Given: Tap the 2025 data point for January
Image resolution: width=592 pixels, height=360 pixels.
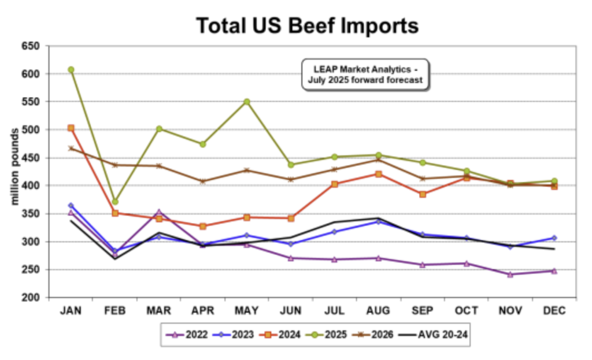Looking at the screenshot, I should coord(71,69).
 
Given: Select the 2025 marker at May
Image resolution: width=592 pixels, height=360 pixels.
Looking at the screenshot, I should coord(247,102).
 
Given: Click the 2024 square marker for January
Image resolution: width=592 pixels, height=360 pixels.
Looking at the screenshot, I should coord(71,128).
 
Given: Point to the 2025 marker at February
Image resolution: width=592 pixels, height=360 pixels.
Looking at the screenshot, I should coord(115,202).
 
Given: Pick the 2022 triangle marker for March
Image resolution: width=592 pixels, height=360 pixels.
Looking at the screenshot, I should coord(159,212).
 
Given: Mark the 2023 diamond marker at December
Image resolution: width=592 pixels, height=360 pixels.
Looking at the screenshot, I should coord(554,238).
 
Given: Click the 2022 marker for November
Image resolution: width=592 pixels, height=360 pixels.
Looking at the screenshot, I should coord(510,274).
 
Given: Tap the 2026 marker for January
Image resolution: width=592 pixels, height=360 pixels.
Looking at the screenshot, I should coord(71,148).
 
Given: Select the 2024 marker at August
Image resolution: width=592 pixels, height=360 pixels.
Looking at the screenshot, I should coord(379,174).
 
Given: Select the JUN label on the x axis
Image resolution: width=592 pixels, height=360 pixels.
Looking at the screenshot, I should coord(291,311).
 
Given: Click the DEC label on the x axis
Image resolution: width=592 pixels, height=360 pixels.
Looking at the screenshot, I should coord(554,311).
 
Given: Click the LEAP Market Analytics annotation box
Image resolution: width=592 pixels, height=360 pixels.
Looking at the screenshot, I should coord(366,75).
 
